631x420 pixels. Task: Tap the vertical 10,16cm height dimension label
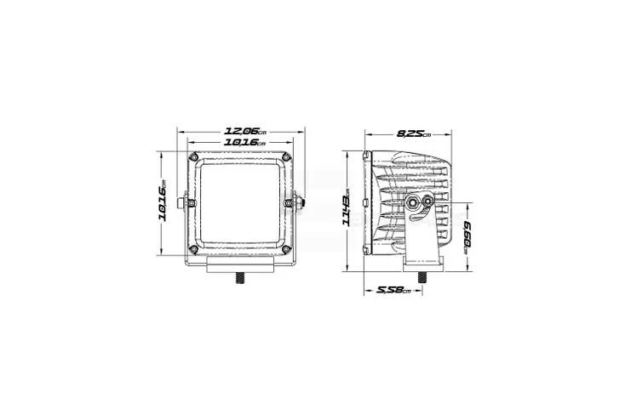163,203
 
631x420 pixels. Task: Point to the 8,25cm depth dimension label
414,133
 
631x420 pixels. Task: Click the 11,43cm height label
346,211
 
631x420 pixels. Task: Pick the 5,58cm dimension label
393,290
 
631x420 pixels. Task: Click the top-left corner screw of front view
194,156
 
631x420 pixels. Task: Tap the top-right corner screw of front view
286,156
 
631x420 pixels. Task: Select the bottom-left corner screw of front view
193,250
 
